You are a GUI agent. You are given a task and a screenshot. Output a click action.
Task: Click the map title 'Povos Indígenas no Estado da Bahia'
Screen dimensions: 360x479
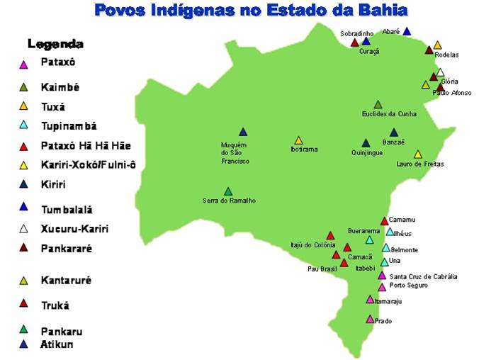pyautogui.click(x=251, y=10)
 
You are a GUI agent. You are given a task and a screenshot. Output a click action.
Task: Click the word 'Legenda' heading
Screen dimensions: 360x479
pyautogui.click(x=55, y=44)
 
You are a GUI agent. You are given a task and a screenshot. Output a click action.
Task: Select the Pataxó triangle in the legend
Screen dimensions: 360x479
pyautogui.click(x=23, y=65)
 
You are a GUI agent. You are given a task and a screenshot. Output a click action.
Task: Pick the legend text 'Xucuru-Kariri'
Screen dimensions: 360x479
pyautogui.click(x=75, y=229)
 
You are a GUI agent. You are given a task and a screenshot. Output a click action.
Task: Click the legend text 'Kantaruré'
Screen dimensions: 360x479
pyautogui.click(x=66, y=280)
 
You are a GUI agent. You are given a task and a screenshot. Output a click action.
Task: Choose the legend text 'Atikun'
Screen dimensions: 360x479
pyautogui.click(x=57, y=344)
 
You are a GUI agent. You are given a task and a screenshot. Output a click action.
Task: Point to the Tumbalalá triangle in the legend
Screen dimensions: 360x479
pyautogui.click(x=23, y=207)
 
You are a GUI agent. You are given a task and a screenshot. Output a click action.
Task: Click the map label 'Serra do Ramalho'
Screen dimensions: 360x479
pyautogui.click(x=229, y=201)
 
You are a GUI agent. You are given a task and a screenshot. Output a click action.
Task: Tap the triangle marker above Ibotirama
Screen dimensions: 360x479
pyautogui.click(x=298, y=140)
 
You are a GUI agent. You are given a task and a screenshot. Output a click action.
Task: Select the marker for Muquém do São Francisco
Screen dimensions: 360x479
pyautogui.click(x=243, y=132)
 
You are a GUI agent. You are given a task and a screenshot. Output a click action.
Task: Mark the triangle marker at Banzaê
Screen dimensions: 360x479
pyautogui.click(x=394, y=132)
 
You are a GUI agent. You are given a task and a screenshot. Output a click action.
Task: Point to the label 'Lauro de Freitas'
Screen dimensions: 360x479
pyautogui.click(x=419, y=164)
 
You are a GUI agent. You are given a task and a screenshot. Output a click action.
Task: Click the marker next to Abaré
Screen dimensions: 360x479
pyautogui.click(x=407, y=31)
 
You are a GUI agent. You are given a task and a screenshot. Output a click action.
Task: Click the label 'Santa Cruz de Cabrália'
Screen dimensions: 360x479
pyautogui.click(x=423, y=276)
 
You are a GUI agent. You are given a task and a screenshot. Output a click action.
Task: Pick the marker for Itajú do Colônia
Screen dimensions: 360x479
pyautogui.click(x=329, y=235)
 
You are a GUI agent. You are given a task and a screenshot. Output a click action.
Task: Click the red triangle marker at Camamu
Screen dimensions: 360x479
pyautogui.click(x=384, y=221)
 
